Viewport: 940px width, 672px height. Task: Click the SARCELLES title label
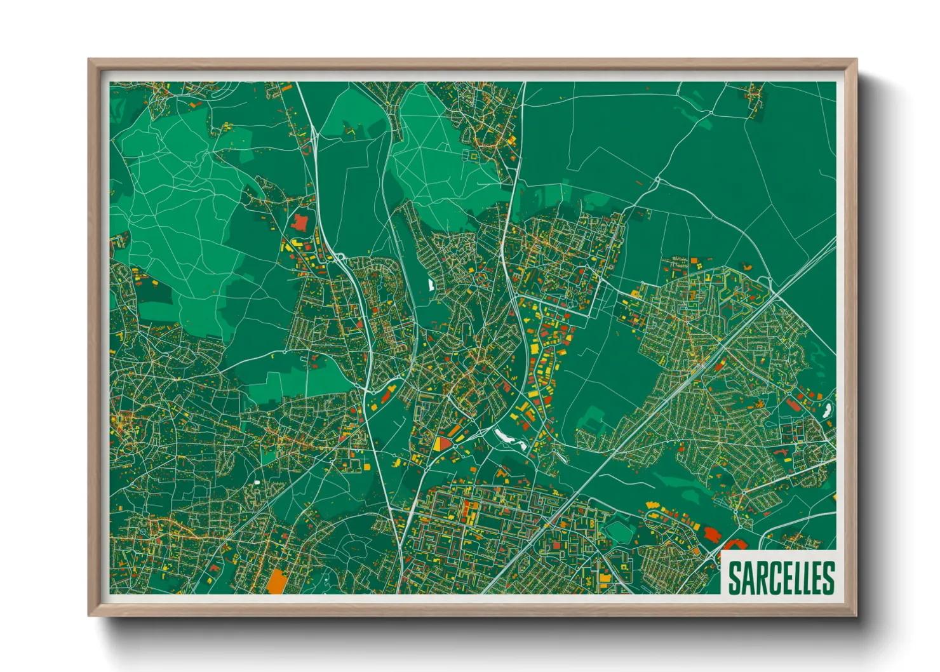pos(781,577)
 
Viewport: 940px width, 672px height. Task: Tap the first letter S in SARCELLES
pos(734,577)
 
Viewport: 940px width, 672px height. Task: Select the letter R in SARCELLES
pos(760,577)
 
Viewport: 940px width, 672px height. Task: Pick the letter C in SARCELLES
pos(774,577)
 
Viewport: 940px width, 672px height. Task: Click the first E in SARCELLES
pos(786,577)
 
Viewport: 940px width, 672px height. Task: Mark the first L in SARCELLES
pos(797,577)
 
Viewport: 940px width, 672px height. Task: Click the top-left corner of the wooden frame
pos(90,60)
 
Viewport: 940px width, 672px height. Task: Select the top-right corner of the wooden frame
pos(856,60)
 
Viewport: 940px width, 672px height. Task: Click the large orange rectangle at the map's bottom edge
pos(276,581)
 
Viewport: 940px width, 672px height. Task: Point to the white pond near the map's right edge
pos(827,410)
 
